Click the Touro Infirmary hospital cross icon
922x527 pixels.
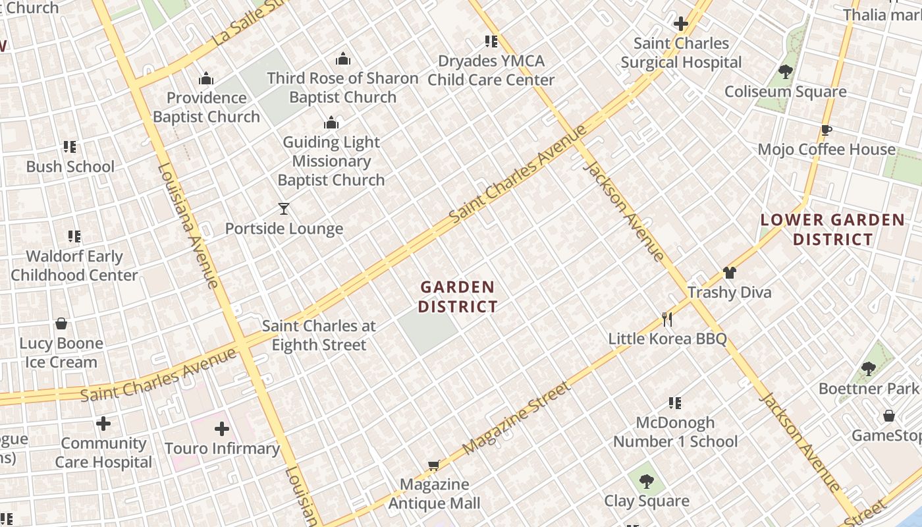click(222, 429)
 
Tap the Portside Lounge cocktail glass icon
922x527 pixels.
click(284, 209)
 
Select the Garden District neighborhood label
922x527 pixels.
click(458, 296)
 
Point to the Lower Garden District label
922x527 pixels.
click(832, 229)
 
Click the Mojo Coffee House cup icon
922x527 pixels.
click(827, 130)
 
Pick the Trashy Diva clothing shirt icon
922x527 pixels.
click(729, 272)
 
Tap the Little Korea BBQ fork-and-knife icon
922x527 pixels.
click(667, 319)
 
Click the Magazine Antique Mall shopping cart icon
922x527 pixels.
click(433, 465)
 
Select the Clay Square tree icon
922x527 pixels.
click(647, 482)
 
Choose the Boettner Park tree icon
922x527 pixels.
click(868, 369)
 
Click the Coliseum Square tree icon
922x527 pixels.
click(785, 72)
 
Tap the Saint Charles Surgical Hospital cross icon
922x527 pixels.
click(681, 24)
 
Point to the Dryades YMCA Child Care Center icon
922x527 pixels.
click(491, 42)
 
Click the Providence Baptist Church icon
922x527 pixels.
click(206, 79)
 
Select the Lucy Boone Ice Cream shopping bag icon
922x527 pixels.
click(61, 323)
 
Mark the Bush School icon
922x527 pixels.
click(70, 147)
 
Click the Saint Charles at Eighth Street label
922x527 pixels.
click(319, 335)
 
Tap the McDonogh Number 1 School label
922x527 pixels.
click(675, 431)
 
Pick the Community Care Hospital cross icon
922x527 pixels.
click(103, 424)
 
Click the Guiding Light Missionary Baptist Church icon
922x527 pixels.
click(331, 123)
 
